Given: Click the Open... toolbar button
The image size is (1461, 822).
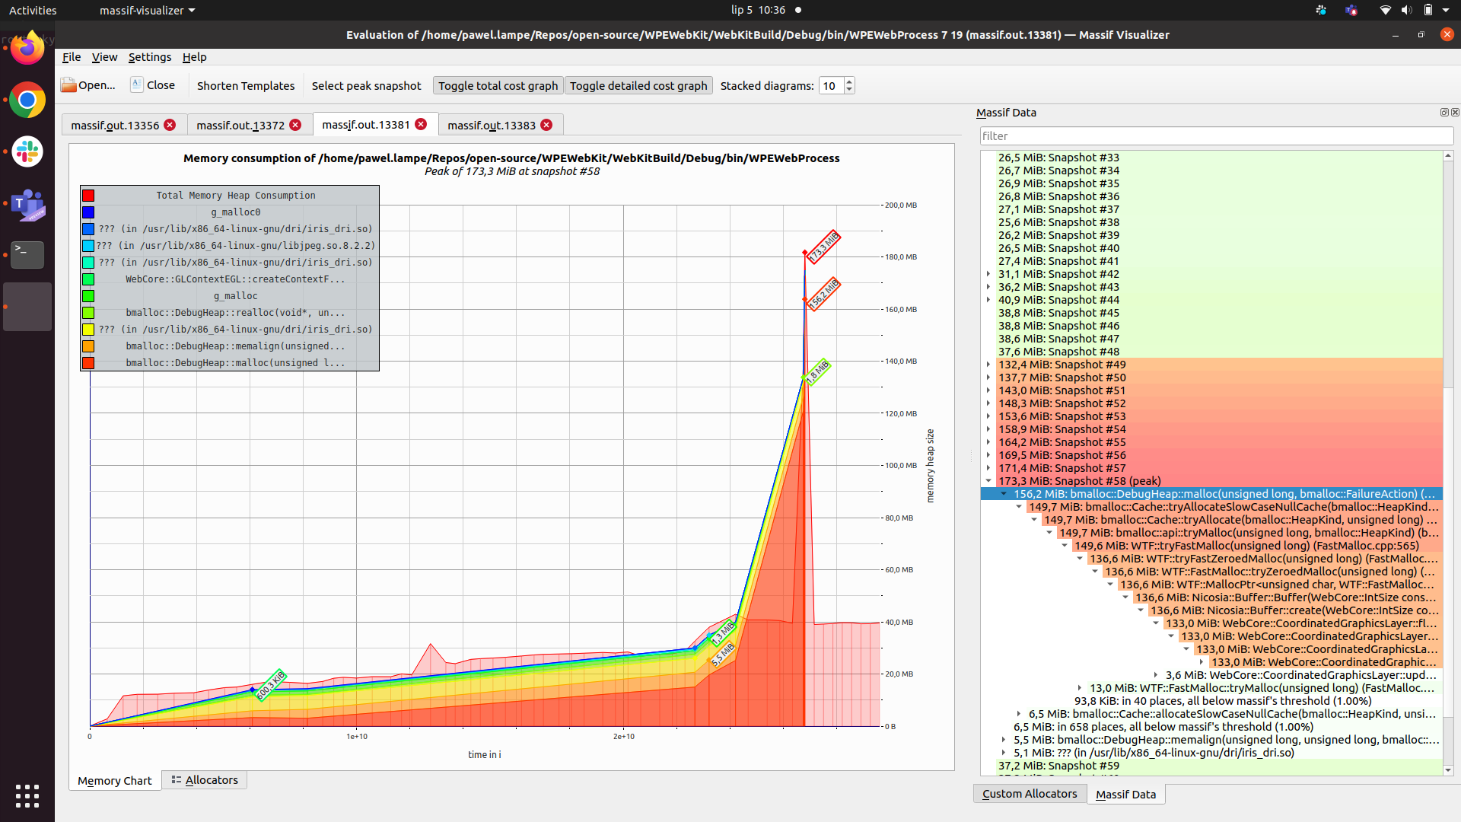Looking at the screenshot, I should (x=88, y=85).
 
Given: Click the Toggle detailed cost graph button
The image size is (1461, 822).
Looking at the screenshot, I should (x=638, y=85).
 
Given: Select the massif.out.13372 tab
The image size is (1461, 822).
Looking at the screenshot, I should (x=240, y=125).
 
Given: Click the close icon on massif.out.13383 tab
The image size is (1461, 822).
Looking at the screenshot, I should (x=546, y=125).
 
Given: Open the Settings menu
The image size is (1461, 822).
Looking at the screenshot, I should (x=149, y=57).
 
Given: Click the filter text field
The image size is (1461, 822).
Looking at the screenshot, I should (x=1215, y=135).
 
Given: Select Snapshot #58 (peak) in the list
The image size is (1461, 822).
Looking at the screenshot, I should (x=1079, y=481).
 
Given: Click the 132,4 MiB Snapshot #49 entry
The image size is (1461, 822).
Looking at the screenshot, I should (x=1062, y=365).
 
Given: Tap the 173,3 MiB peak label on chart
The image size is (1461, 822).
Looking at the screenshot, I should (x=823, y=247).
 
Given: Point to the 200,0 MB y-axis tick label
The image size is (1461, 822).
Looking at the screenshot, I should (x=901, y=205).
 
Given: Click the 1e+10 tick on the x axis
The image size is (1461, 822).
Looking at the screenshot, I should (x=357, y=736).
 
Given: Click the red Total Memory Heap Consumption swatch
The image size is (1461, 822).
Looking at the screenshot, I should (x=88, y=196).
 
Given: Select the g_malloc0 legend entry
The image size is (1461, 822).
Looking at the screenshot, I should (x=235, y=212).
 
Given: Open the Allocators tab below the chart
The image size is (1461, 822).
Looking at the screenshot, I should (x=205, y=780).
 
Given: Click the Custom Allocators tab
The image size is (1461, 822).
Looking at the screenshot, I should (x=1029, y=794).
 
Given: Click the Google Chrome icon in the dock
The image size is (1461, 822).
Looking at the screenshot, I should (x=27, y=100).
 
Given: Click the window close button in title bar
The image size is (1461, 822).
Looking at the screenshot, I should (x=1447, y=34).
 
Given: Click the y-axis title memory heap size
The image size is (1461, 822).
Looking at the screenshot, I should (x=930, y=466).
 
